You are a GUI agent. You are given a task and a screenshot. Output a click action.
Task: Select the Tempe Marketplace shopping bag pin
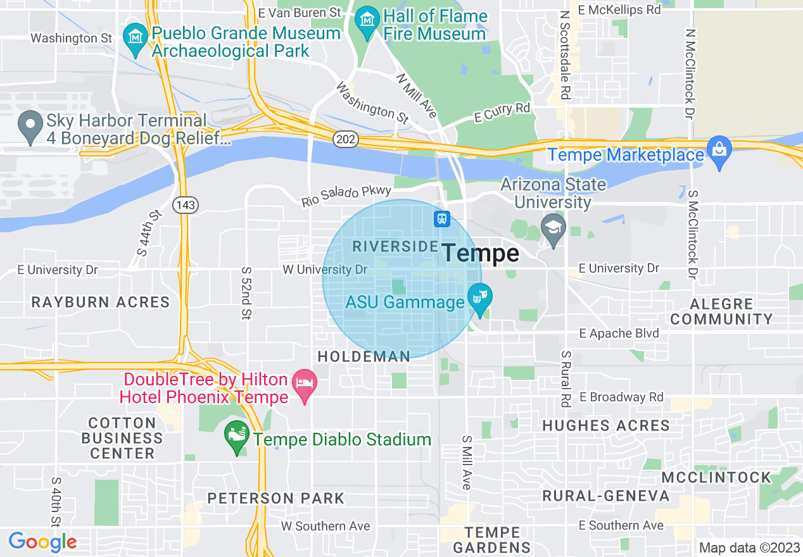click(719, 152)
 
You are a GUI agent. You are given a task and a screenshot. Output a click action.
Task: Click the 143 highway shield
click(186, 204)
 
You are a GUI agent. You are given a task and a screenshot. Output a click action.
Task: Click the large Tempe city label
click(481, 254)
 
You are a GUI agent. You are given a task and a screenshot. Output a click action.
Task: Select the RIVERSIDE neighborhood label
click(395, 246)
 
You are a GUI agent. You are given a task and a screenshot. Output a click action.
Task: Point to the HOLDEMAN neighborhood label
click(364, 357)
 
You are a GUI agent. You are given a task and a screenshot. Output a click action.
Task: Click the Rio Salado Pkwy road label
click(346, 196)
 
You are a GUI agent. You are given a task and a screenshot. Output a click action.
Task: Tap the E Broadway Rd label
click(621, 397)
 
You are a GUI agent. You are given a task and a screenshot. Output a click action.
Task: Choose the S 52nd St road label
click(246, 292)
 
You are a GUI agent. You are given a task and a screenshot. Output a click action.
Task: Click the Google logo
click(42, 542)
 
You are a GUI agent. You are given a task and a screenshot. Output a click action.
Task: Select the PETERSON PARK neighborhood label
click(275, 498)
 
